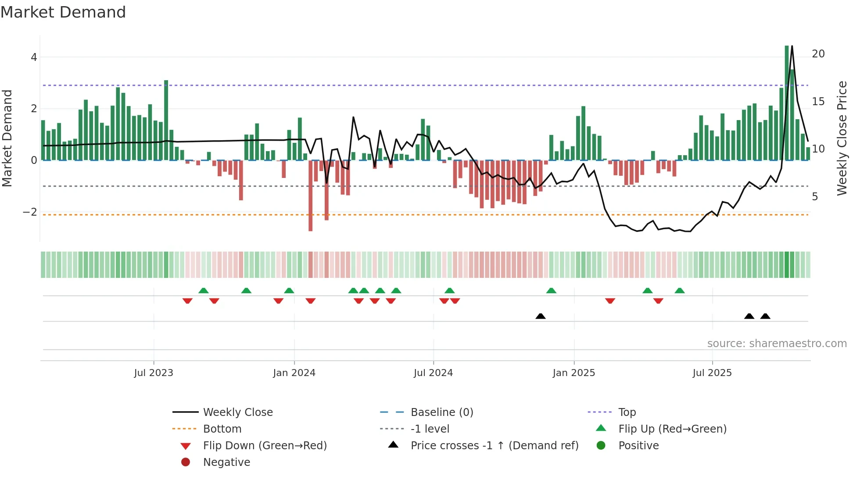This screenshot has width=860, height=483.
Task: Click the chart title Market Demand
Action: point(63,12)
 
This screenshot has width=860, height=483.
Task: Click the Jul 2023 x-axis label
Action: point(154,373)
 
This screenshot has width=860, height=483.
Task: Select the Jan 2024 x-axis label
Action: point(294,373)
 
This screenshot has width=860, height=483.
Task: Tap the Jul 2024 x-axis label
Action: point(433,373)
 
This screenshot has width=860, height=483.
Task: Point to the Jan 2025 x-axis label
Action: point(573,373)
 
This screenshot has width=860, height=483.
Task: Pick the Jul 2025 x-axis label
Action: point(712,373)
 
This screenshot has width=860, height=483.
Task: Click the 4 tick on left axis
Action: point(34,57)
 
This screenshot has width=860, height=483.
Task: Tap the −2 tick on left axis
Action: point(30,212)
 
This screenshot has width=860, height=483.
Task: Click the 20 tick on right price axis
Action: point(818,54)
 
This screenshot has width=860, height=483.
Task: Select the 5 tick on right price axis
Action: point(815,197)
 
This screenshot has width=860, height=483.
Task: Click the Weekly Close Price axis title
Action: point(842,138)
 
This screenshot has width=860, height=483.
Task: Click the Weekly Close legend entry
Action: point(237,412)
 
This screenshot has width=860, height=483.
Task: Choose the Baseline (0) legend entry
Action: point(441,412)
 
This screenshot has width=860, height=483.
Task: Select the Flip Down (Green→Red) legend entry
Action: point(265,446)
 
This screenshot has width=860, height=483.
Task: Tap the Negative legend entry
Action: point(226,462)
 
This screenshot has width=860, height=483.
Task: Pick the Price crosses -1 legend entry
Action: point(494,446)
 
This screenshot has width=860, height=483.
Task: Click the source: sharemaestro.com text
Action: point(777,344)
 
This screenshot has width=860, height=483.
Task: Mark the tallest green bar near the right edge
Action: point(787,103)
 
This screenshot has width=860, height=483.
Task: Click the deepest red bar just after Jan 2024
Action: point(311,195)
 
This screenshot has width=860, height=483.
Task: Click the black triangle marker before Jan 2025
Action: point(541,316)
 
